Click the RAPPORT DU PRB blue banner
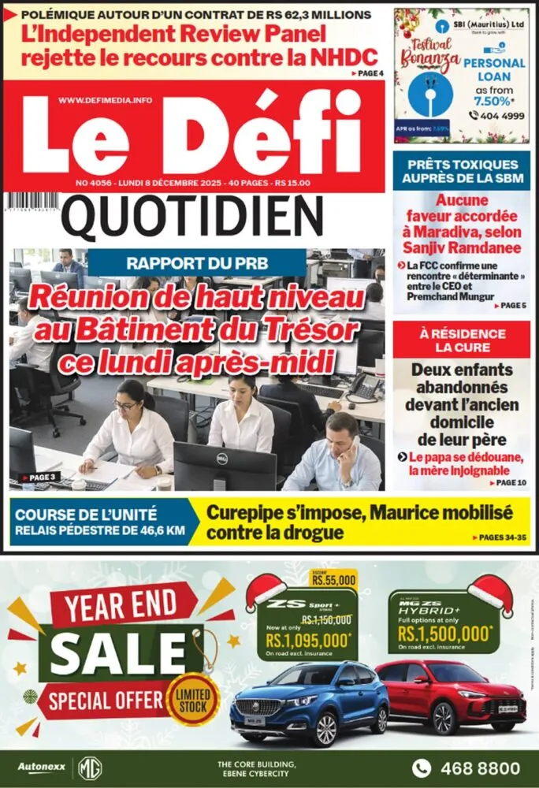(196, 262)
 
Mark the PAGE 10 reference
(509, 481)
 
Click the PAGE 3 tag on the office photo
(40, 477)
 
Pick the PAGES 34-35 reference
(500, 537)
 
